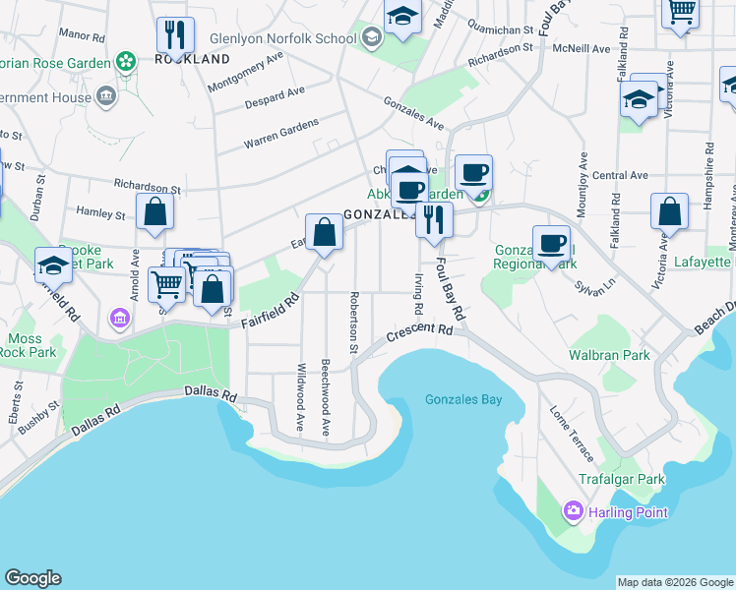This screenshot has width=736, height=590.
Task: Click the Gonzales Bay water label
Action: click(463, 399)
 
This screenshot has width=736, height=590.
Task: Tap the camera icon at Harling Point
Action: click(573, 511)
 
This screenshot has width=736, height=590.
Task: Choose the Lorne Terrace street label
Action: click(572, 434)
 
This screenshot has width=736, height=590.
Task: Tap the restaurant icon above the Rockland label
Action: click(175, 34)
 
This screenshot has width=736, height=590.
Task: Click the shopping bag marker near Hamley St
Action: click(155, 211)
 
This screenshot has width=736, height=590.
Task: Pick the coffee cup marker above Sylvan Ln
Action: click(551, 242)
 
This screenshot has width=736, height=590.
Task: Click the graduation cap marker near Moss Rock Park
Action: click(53, 264)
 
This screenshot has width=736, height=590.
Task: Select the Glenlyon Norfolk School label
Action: click(282, 39)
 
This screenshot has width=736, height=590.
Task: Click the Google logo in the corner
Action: click(32, 578)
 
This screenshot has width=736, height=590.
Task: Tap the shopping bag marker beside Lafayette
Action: click(669, 211)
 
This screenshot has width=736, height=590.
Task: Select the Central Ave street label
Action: click(620, 175)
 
